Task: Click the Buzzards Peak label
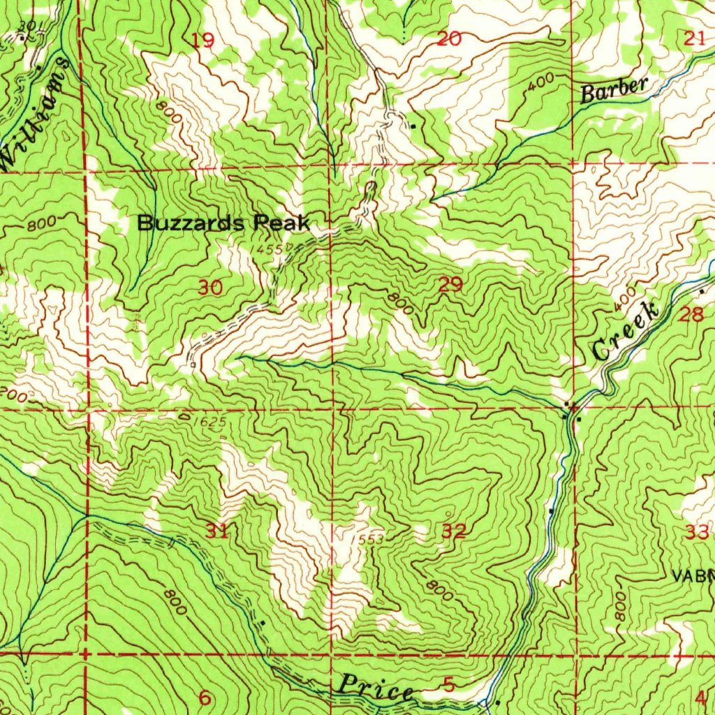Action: click(x=223, y=223)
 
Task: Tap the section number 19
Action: click(x=203, y=40)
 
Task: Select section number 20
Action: click(x=449, y=39)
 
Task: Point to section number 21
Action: click(x=694, y=39)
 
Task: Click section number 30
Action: click(x=211, y=287)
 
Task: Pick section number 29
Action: click(x=451, y=284)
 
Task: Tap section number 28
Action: click(x=691, y=314)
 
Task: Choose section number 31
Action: click(x=217, y=531)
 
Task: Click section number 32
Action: click(x=454, y=531)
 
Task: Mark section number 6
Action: click(x=205, y=698)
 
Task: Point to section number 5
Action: click(x=449, y=685)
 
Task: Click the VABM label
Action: click(x=693, y=576)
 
